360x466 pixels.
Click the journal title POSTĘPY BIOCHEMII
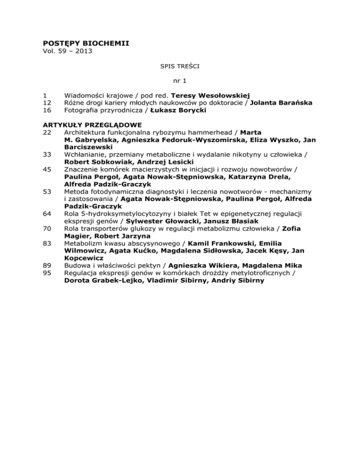pos(86,44)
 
